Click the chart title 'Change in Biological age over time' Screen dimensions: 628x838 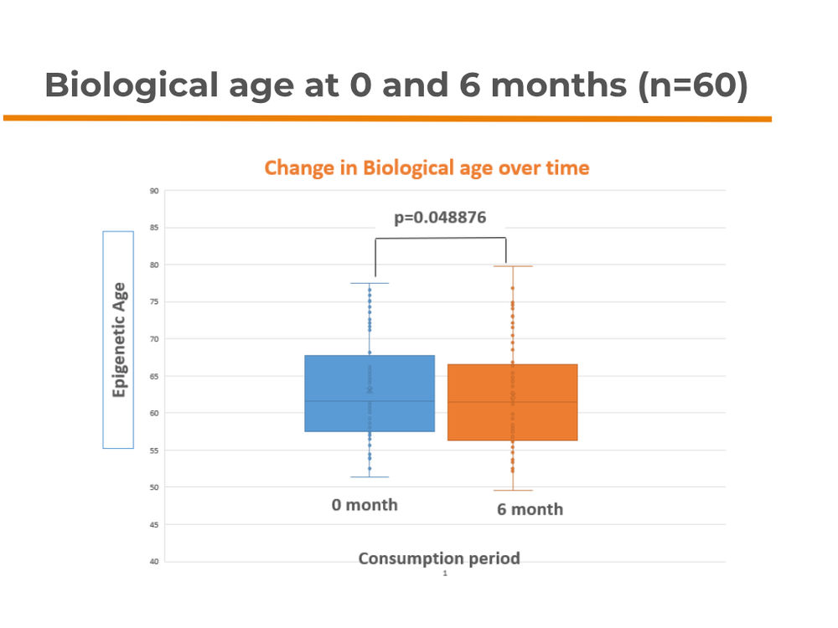click(427, 167)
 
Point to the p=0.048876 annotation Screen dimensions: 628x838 click(440, 218)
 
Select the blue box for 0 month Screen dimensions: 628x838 click(370, 394)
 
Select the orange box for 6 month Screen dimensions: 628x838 click(512, 402)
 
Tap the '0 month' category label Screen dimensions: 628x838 click(365, 505)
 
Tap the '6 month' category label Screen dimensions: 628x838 click(530, 509)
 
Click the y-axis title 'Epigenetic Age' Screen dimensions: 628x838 click(118, 339)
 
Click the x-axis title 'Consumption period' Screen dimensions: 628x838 click(439, 559)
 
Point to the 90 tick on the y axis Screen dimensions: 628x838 click(154, 191)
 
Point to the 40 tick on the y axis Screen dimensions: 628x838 click(154, 561)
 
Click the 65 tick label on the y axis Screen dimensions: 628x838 click(154, 376)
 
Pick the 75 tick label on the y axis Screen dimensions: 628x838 click(154, 302)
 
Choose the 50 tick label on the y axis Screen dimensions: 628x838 click(154, 487)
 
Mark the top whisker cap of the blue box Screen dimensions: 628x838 click(370, 283)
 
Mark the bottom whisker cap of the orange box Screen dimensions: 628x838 click(512, 490)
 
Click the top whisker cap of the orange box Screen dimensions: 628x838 click(512, 266)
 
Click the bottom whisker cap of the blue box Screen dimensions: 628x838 click(370, 476)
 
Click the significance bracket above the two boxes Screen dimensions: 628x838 click(440, 239)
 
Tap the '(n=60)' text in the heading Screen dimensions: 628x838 click(692, 85)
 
